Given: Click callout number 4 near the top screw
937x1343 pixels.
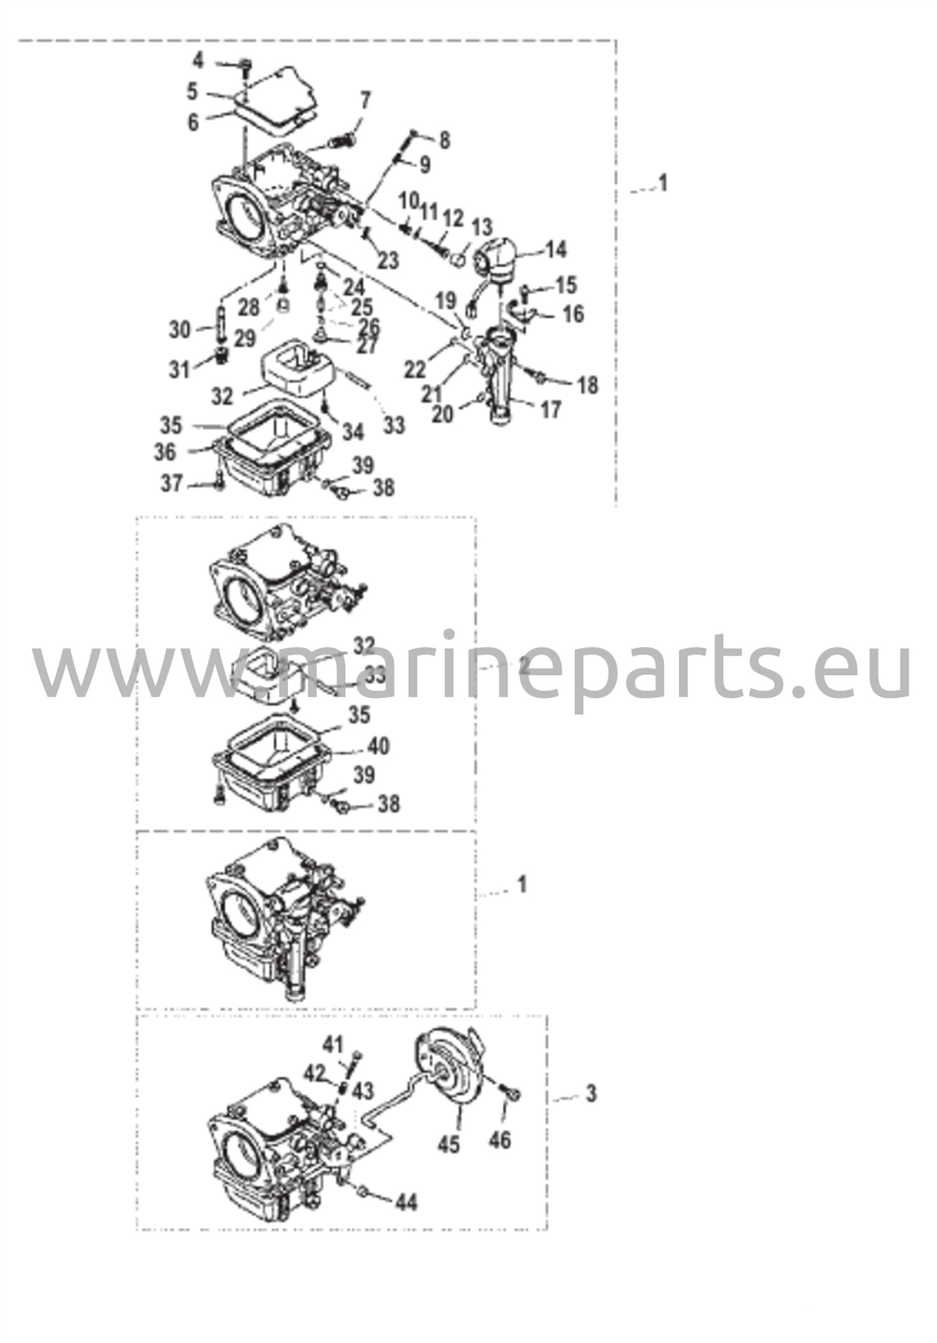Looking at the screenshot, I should [198, 61].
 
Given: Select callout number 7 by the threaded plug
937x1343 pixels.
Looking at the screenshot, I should [365, 100].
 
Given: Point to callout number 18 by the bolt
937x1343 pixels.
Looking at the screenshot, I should [589, 385].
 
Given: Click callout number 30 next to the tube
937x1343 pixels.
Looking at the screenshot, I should [180, 329].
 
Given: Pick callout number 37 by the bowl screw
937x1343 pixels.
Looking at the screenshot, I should [172, 483].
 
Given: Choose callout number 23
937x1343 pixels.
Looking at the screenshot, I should [388, 260].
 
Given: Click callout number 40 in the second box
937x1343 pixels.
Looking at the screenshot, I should [378, 746].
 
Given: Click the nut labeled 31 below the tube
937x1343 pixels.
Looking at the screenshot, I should [222, 357].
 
